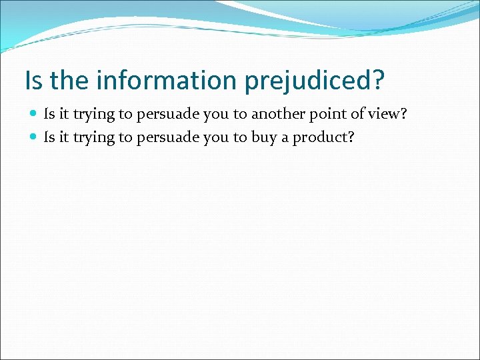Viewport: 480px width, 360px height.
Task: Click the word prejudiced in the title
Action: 315,81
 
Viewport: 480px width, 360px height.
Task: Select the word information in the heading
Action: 167,81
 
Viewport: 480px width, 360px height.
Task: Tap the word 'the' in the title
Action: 69,81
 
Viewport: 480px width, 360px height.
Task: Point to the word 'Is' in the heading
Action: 33,81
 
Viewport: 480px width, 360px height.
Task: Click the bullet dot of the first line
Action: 34,115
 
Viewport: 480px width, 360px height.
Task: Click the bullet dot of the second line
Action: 34,137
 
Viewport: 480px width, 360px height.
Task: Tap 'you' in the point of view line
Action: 215,115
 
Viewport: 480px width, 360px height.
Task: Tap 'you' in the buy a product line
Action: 215,137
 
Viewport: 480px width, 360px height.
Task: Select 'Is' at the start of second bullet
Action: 49,137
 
